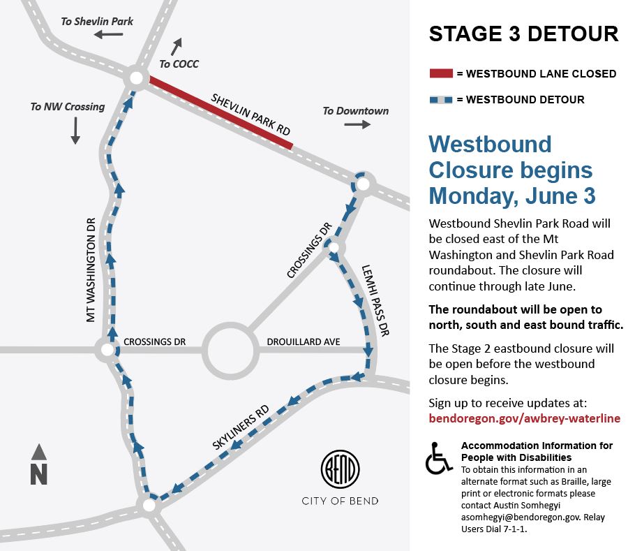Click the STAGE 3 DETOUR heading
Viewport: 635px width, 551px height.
(x=523, y=34)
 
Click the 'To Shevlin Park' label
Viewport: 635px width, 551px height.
(x=97, y=22)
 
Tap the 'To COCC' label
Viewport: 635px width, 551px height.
(x=179, y=64)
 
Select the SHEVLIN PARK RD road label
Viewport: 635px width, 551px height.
(x=251, y=115)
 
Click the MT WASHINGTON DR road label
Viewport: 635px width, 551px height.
(x=89, y=268)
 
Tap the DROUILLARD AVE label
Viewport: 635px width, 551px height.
(x=304, y=341)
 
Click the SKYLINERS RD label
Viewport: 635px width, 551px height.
(x=241, y=427)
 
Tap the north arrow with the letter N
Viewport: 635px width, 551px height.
(x=39, y=465)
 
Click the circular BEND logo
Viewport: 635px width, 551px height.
(x=340, y=470)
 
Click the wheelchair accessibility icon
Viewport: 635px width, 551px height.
(x=440, y=459)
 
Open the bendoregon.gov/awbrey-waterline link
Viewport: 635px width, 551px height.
(x=524, y=418)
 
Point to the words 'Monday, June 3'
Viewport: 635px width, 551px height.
(x=512, y=196)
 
